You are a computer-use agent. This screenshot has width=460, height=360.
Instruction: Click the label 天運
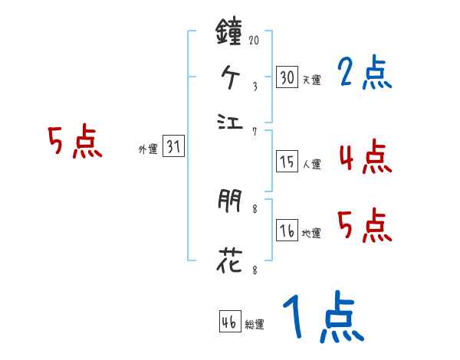pos(311,80)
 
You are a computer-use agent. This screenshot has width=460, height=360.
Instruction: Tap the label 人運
pos(311,163)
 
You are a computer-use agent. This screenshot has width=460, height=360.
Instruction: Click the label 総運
pos(255,324)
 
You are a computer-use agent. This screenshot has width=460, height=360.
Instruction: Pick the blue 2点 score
pos(364,74)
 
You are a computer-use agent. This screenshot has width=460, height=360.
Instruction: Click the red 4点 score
pos(364,157)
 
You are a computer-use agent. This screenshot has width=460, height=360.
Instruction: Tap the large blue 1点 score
pos(322,318)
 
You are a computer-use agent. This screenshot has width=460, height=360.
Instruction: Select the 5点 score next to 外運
pos(75,143)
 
